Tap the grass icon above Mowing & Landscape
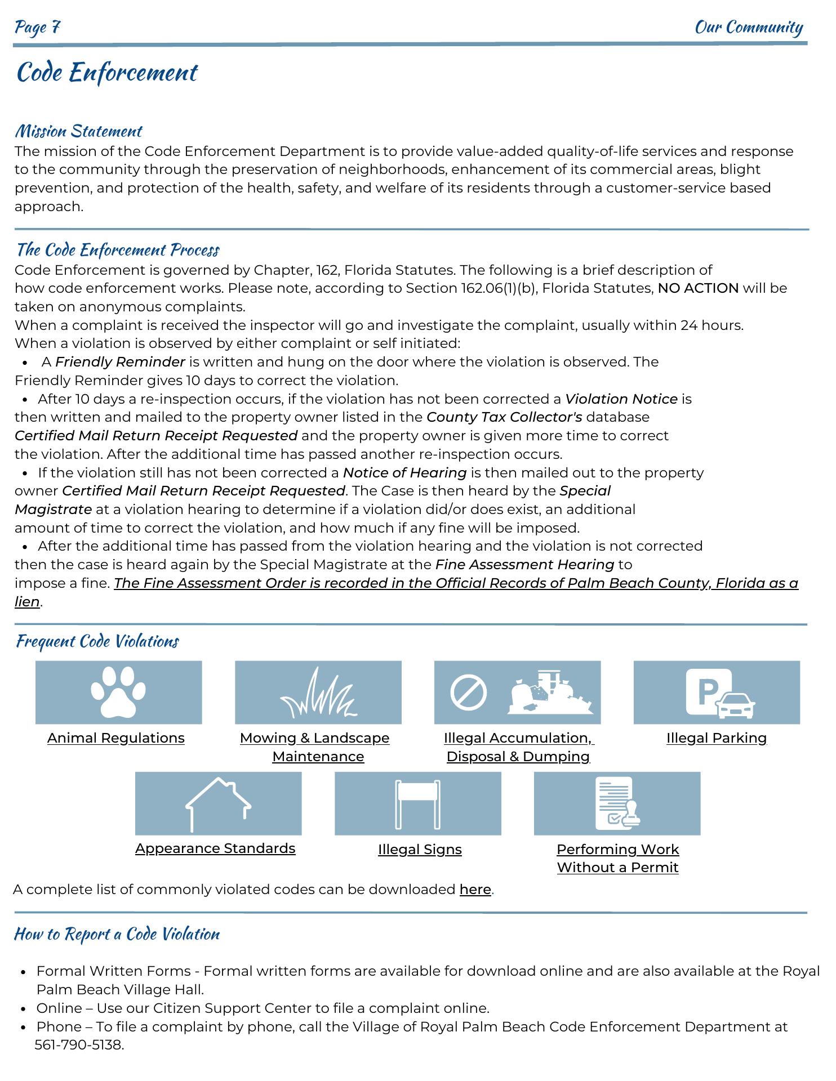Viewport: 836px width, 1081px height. [x=318, y=694]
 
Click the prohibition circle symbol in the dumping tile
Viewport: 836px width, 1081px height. [x=468, y=693]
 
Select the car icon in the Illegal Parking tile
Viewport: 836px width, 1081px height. [x=736, y=705]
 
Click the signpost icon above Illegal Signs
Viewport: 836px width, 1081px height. [x=417, y=804]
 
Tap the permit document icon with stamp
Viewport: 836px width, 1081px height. [x=617, y=803]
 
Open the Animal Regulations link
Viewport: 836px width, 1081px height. [x=116, y=738]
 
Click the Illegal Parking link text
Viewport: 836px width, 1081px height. [x=716, y=738]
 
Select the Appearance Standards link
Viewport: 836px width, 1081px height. [x=215, y=848]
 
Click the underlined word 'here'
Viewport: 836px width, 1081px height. [x=475, y=890]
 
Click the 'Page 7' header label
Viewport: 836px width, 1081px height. [x=37, y=27]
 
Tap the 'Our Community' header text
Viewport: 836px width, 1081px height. [x=749, y=27]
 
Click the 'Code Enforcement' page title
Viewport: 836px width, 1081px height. [x=107, y=73]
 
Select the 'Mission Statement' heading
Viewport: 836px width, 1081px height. [x=78, y=131]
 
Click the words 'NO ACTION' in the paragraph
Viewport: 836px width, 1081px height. [x=698, y=288]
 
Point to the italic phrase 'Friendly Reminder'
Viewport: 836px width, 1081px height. [x=120, y=362]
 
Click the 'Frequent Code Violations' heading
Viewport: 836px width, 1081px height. [x=97, y=641]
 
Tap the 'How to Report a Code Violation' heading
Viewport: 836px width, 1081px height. [x=117, y=934]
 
